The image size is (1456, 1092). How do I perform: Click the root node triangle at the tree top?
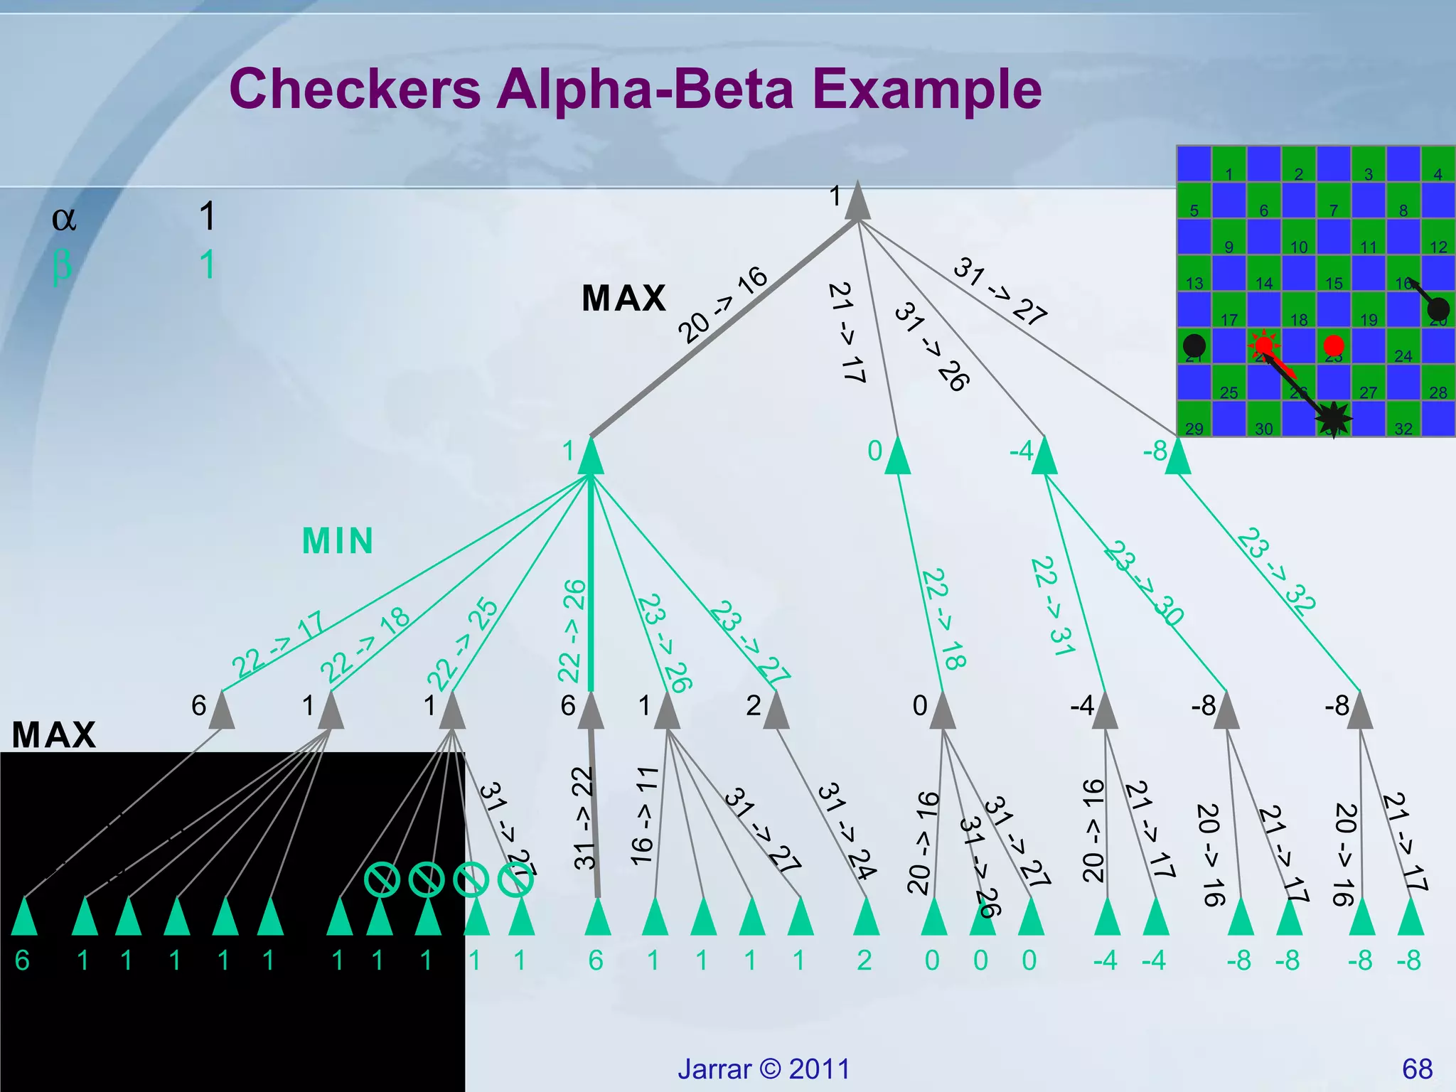(857, 203)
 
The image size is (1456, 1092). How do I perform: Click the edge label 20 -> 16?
(722, 304)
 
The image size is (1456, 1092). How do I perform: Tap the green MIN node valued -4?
(1044, 457)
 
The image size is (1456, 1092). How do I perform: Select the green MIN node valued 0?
(897, 457)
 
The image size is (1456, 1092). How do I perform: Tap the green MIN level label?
(338, 541)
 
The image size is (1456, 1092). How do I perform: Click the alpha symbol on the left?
(64, 218)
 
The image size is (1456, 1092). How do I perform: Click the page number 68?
(1417, 1069)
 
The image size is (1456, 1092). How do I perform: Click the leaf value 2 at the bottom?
(864, 960)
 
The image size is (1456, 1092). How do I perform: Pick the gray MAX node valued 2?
(776, 712)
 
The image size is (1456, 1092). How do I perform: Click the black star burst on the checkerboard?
(1333, 419)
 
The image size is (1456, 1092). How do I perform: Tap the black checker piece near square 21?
(1194, 346)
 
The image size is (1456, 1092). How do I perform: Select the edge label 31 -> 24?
(846, 832)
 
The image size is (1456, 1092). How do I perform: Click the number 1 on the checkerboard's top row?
(1228, 174)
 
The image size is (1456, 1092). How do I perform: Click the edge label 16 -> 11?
(644, 816)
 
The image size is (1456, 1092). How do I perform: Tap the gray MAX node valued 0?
(943, 712)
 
